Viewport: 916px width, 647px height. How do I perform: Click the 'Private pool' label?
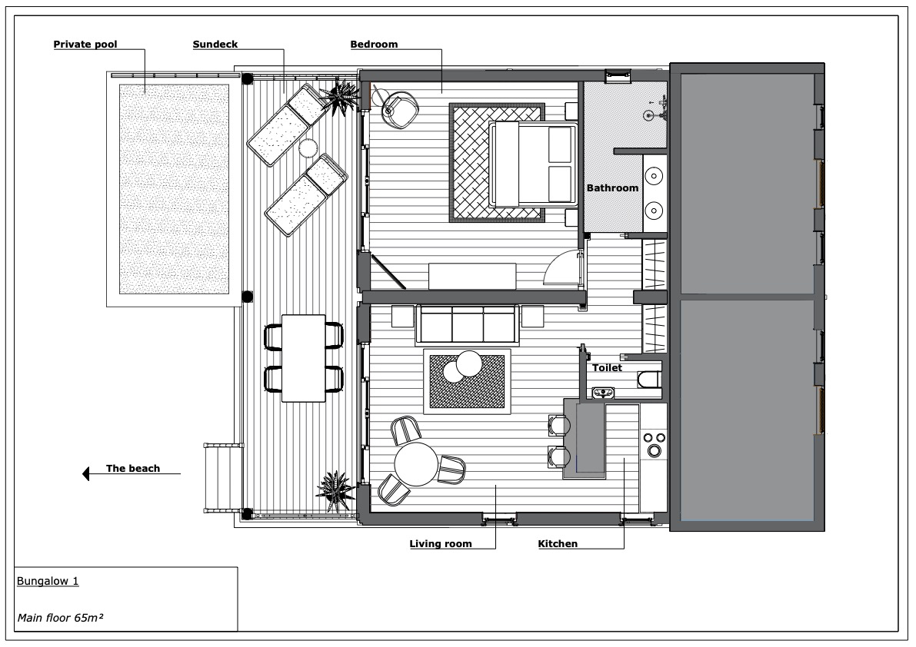pos(85,45)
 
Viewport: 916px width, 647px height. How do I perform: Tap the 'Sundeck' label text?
pos(215,45)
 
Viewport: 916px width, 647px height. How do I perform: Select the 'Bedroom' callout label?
pos(374,45)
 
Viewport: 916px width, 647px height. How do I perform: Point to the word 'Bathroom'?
pos(612,187)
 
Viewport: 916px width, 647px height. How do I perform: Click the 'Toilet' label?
pos(607,367)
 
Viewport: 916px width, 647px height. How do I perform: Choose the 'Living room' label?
pos(441,544)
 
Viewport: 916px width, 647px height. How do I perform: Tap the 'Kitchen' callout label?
pos(558,544)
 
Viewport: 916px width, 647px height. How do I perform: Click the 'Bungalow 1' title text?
pos(48,581)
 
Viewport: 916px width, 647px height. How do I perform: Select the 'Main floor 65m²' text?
pos(60,618)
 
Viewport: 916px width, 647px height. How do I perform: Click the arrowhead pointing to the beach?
pos(86,474)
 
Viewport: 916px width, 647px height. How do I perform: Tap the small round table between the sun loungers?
pos(308,148)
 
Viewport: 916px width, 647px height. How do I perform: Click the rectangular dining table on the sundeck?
pos(303,358)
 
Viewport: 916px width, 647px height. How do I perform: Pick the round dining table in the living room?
pos(417,464)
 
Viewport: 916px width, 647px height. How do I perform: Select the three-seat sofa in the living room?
pos(468,324)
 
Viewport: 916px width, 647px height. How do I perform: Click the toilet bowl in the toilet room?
pos(649,380)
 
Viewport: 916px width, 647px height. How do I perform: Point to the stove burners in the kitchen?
pos(654,443)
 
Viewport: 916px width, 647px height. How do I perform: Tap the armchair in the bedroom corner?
pos(400,108)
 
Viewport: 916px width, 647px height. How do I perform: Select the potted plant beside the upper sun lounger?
pos(341,96)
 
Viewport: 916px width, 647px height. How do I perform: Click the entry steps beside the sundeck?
pos(224,479)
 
